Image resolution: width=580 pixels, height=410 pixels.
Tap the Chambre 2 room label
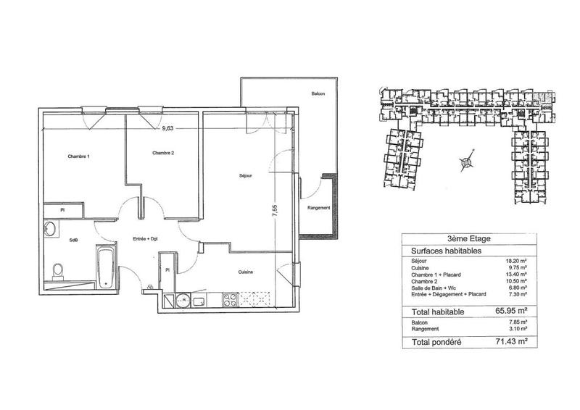165,153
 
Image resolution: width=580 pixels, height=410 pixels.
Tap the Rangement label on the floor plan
319,208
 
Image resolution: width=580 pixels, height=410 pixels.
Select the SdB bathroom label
74,240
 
